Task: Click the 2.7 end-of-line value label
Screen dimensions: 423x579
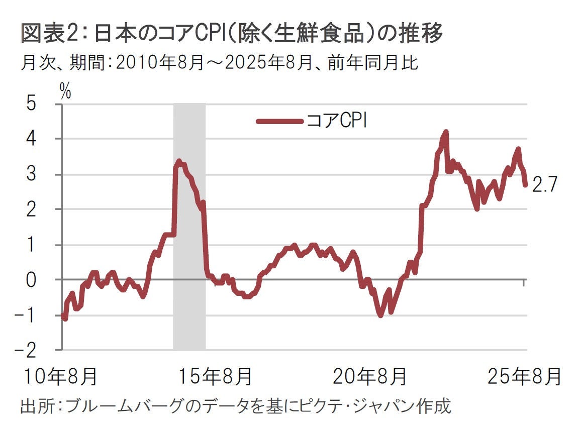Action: tap(544, 185)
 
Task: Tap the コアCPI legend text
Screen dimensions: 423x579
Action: tap(336, 121)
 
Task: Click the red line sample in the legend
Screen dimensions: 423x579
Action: tap(279, 121)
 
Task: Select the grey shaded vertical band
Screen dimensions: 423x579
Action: tap(189, 226)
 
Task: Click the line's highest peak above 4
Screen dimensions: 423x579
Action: tap(445, 132)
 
